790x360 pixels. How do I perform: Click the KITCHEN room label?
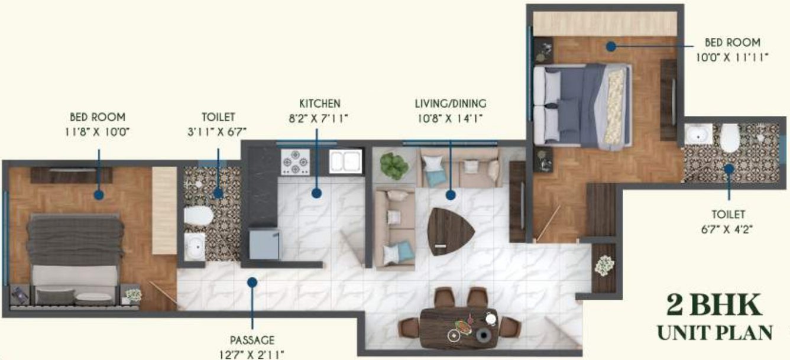pos(319,103)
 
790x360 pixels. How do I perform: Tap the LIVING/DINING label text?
pos(451,104)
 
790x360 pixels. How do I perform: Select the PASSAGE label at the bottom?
pos(252,340)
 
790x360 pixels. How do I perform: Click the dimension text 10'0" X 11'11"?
pos(732,57)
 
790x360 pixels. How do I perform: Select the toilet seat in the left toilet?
pos(197,216)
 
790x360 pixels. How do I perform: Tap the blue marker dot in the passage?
pos(252,283)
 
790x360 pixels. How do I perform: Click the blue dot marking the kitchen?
pos(317,193)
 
